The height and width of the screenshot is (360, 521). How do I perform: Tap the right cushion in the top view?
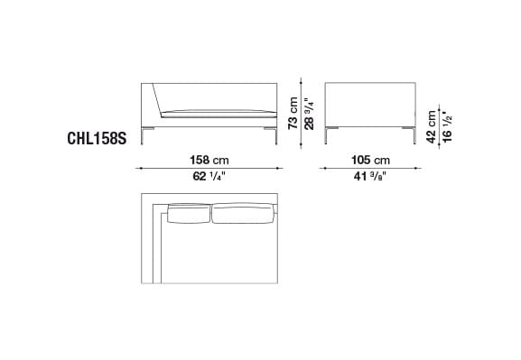[241, 213]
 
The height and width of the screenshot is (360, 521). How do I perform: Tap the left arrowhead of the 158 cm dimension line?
[140, 168]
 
